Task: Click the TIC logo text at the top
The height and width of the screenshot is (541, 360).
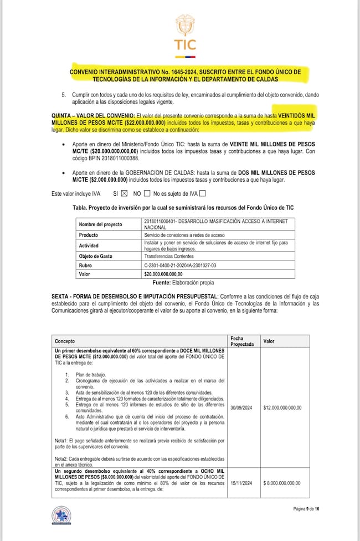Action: point(184,44)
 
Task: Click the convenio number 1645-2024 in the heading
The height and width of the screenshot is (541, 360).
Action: point(193,72)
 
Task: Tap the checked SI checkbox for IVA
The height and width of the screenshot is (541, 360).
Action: point(124,193)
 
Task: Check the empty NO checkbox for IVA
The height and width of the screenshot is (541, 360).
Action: point(147,193)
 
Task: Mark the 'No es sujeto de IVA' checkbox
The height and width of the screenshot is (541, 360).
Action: point(202,193)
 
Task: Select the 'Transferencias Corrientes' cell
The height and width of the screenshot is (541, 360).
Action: point(169,256)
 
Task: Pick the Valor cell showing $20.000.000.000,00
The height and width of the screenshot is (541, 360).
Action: point(167,274)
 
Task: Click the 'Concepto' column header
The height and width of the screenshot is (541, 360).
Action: point(66,341)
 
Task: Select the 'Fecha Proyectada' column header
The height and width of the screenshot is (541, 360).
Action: point(242,341)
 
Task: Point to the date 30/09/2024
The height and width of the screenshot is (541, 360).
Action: point(241,408)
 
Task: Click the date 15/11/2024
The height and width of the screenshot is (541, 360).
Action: point(241,483)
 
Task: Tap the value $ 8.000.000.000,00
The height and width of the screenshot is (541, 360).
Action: point(282,483)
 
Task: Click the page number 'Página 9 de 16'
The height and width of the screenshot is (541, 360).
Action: point(306,509)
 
